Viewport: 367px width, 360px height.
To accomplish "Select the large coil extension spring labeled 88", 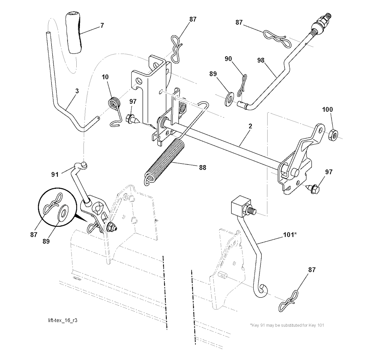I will pos(165,161).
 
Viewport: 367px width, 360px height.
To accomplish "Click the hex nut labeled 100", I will pos(333,135).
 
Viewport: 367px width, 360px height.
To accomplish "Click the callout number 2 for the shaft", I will pos(250,126).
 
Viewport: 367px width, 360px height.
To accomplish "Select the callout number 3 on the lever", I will pos(77,91).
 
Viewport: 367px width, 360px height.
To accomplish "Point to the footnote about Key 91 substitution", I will pos(287,325).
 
